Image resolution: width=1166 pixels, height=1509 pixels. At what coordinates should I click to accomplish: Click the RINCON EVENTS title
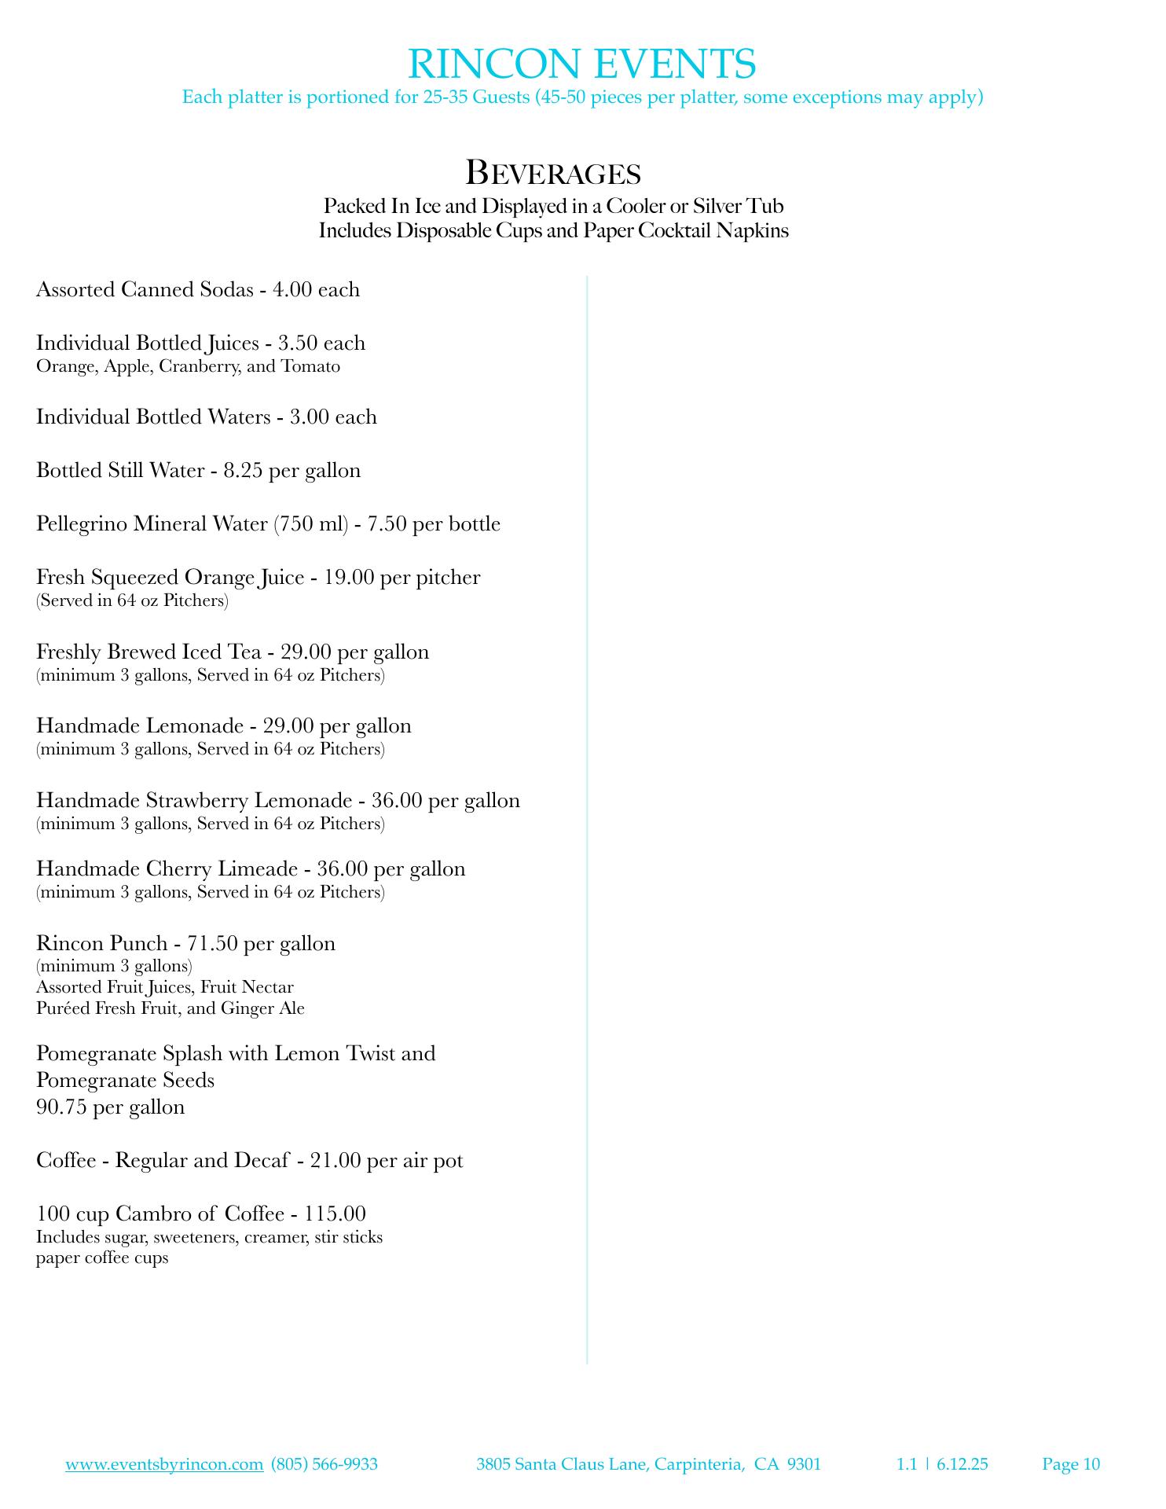[582, 64]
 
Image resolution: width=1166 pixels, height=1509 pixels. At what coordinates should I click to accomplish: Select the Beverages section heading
[553, 172]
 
